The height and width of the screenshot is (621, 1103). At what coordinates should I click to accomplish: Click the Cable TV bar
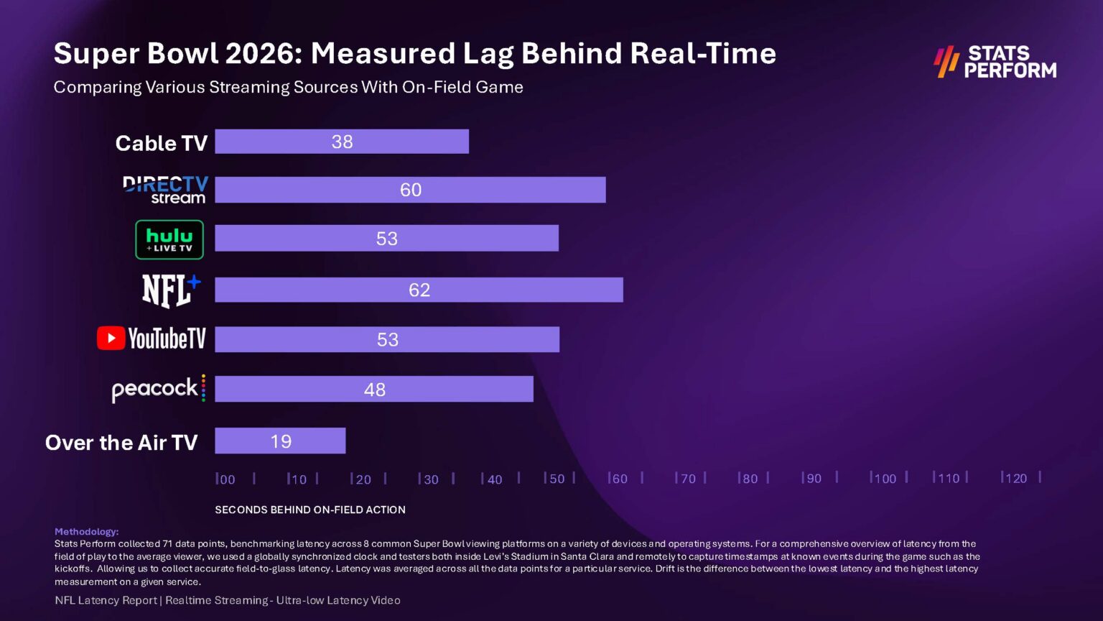tap(342, 142)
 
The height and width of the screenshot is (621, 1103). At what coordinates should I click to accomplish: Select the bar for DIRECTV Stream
tap(410, 190)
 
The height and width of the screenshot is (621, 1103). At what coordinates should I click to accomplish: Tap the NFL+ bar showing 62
tap(419, 290)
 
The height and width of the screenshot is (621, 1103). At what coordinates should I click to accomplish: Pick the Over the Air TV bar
tap(280, 441)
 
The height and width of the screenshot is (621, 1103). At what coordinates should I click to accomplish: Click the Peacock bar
tap(373, 389)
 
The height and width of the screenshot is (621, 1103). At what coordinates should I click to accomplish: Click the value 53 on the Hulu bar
tap(386, 239)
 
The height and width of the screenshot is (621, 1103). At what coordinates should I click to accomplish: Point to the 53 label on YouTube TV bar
tap(387, 339)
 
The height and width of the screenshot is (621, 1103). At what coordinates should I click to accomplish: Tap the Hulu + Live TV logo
tap(169, 239)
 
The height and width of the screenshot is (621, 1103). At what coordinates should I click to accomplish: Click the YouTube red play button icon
tap(111, 338)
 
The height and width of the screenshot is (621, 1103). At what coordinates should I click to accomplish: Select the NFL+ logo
tap(171, 290)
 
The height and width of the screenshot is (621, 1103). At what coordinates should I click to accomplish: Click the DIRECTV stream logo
tap(165, 190)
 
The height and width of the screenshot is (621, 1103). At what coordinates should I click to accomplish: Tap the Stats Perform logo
tap(995, 62)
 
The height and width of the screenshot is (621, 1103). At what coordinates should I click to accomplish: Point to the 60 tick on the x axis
tap(618, 479)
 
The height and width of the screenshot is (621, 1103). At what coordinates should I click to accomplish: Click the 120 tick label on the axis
tap(1015, 479)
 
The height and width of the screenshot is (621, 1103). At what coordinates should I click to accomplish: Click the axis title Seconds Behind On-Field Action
tap(310, 510)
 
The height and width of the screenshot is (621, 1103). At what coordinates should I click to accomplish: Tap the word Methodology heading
tap(86, 531)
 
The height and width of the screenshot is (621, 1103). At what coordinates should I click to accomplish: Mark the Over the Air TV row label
tap(121, 442)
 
